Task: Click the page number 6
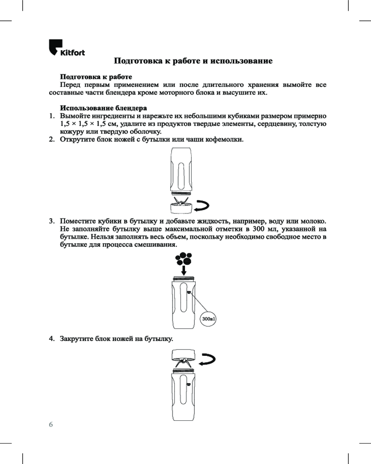point(51,424)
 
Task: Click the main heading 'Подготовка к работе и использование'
point(192,61)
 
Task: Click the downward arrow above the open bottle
point(185,269)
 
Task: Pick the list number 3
point(52,220)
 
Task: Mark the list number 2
point(52,139)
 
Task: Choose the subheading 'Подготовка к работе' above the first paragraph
point(96,77)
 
